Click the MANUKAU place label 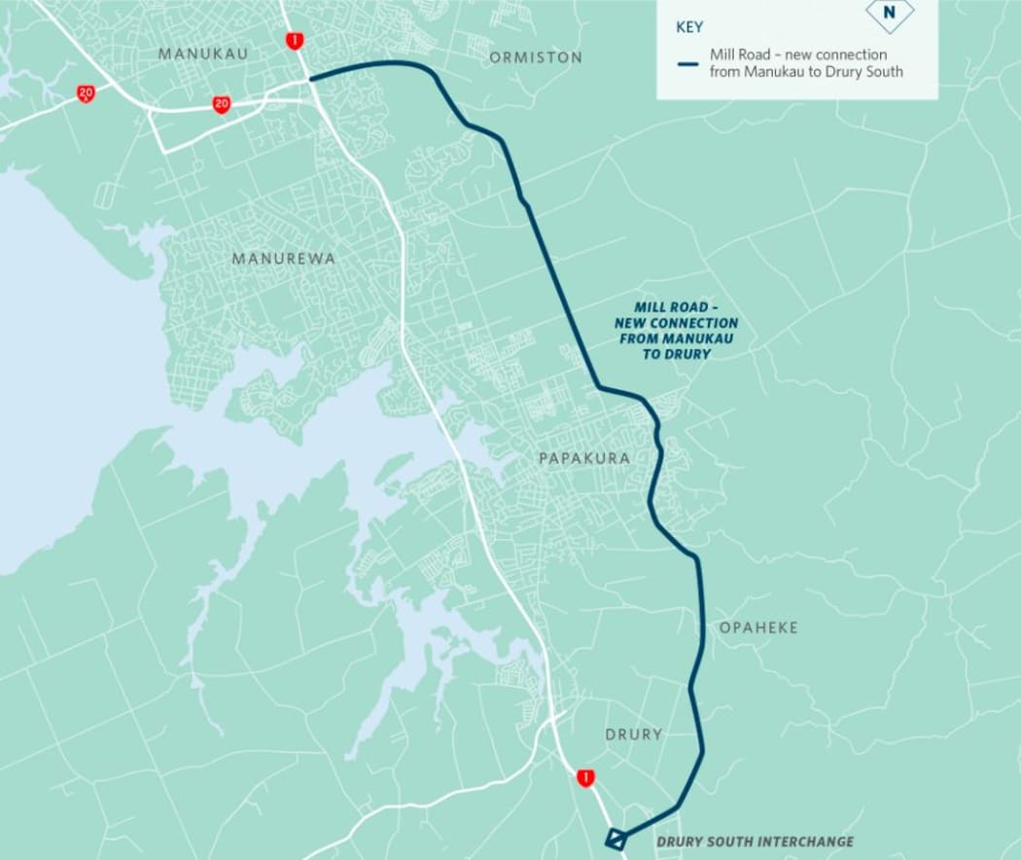tap(202, 54)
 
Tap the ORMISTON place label tap(536, 57)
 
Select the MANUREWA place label tap(283, 259)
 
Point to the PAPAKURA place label tap(584, 458)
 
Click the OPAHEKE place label tap(758, 627)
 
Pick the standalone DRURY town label tap(633, 735)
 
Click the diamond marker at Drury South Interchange tap(616, 838)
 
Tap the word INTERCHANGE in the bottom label tap(809, 842)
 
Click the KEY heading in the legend tap(688, 27)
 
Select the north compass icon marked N tap(889, 14)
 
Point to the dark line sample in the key tap(688, 64)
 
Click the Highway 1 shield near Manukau tap(294, 40)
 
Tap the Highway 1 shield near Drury tap(584, 777)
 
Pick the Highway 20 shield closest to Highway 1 tap(222, 104)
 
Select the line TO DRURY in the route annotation tap(676, 354)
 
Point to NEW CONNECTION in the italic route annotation tap(676, 323)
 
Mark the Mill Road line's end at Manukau tap(310, 78)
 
